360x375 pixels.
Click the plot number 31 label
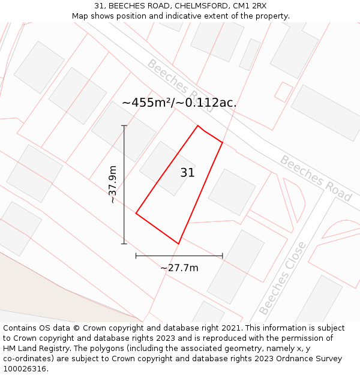click(x=187, y=173)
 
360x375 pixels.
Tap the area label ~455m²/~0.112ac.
click(x=179, y=103)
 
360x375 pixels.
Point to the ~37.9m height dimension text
click(x=112, y=185)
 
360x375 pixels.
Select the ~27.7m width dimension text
click(x=179, y=268)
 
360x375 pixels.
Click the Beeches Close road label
click(x=282, y=278)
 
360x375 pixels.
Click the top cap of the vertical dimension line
click(x=124, y=125)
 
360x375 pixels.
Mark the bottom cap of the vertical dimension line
click(x=124, y=244)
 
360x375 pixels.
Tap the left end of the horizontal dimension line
click(x=136, y=256)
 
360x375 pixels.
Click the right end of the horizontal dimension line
click(x=223, y=256)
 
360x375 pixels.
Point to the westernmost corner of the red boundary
click(x=136, y=213)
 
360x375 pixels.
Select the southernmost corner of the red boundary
click(x=178, y=244)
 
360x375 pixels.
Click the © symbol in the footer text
click(x=76, y=328)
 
